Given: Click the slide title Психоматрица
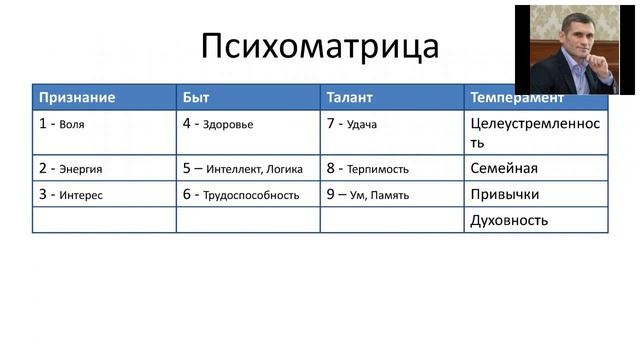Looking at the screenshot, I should click(320, 47).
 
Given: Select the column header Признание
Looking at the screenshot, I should click(77, 98).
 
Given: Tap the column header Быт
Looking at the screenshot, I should click(196, 98).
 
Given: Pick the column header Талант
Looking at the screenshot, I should click(349, 98).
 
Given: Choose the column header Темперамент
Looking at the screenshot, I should click(516, 98).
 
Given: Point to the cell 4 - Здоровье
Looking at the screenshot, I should click(218, 124).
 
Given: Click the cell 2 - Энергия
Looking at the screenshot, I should click(70, 168).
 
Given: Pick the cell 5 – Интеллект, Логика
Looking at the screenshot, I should click(242, 168).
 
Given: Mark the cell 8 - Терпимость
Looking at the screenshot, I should click(367, 168).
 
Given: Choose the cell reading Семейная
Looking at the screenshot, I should click(504, 168).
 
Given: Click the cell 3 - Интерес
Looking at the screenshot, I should click(70, 194).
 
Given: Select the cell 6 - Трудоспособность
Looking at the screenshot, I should click(241, 194).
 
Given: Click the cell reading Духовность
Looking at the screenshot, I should click(508, 220).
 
